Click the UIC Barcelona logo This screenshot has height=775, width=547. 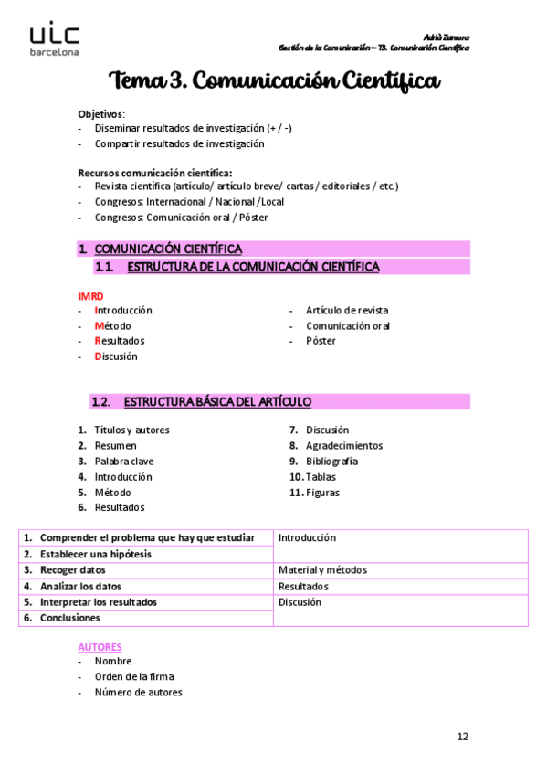(x=55, y=40)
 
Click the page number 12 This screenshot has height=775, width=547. (x=463, y=736)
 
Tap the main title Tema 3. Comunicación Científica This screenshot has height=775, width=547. (x=274, y=82)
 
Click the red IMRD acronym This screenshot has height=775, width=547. (x=90, y=295)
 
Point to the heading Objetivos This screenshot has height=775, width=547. (x=100, y=113)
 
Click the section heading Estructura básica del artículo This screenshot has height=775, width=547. (x=217, y=402)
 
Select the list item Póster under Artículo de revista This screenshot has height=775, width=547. (x=321, y=341)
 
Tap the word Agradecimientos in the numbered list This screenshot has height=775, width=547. (x=344, y=446)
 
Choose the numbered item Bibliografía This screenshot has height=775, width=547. (x=331, y=462)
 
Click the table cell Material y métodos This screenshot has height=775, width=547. (x=322, y=570)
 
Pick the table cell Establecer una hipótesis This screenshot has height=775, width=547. (x=95, y=554)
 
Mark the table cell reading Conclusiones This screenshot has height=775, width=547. (x=69, y=618)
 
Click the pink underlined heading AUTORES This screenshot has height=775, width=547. (x=100, y=646)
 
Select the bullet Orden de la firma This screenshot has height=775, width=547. (x=133, y=677)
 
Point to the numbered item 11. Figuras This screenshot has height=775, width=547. (x=314, y=493)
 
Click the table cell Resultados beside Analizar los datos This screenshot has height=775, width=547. (x=303, y=587)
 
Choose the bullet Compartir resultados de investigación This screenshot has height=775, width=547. (x=179, y=144)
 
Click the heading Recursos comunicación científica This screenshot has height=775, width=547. (x=154, y=172)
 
